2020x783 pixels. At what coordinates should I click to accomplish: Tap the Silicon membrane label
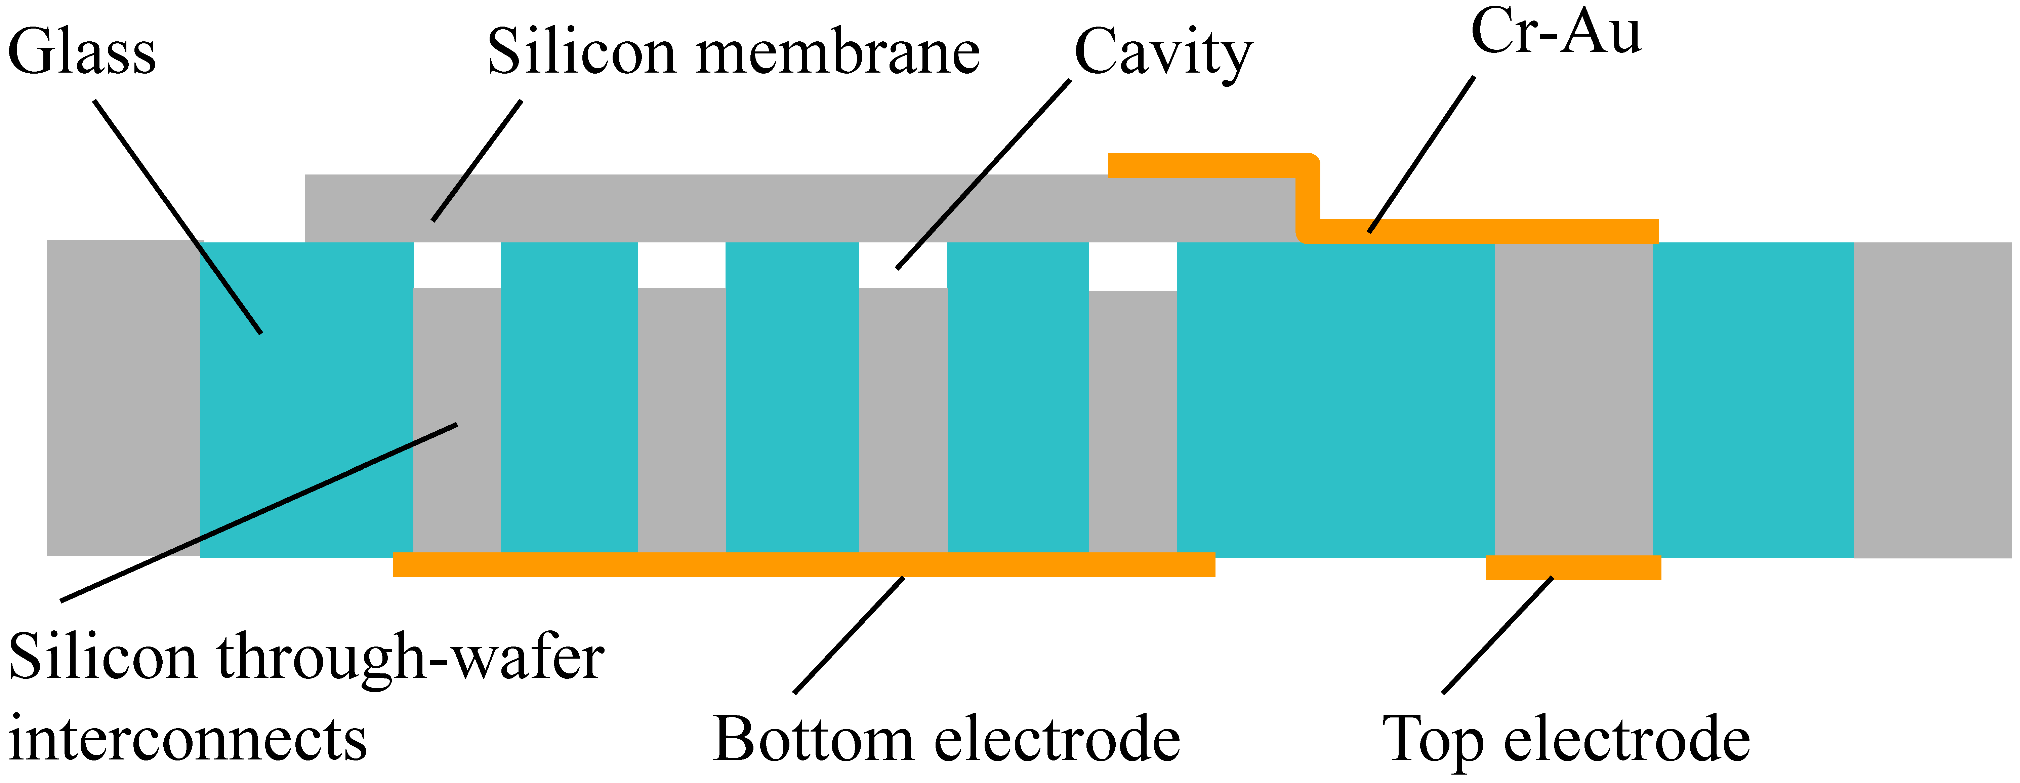(733, 52)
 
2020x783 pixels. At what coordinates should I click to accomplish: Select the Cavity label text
(1163, 52)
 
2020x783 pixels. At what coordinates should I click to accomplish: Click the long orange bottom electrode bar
(804, 565)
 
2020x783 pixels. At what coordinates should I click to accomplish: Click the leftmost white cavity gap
(456, 265)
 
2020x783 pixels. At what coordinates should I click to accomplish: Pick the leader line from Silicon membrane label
(477, 161)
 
